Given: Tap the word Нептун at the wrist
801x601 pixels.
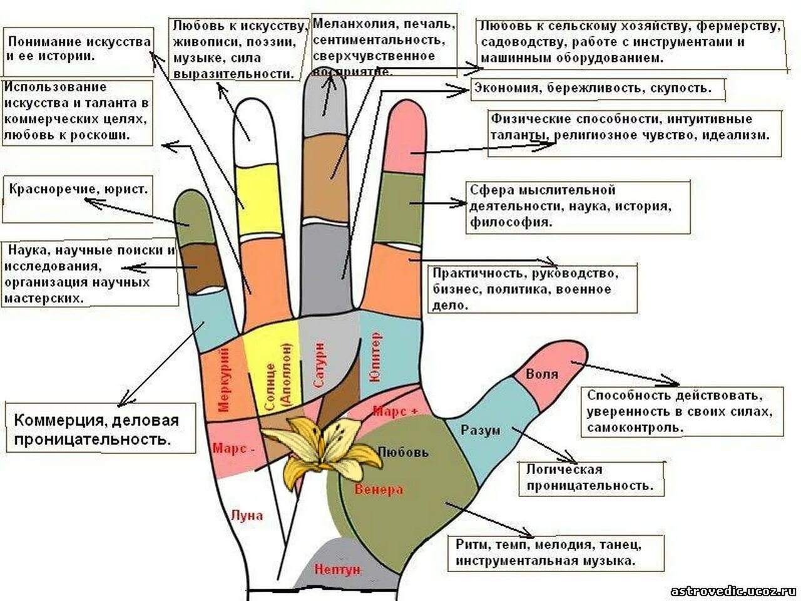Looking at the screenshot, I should tap(338, 570).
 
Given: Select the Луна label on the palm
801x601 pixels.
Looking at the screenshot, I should tap(247, 516).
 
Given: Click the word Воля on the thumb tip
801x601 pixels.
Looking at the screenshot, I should tap(542, 374).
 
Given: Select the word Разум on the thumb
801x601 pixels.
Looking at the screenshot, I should tap(481, 430).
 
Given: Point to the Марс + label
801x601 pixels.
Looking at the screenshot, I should tap(395, 411).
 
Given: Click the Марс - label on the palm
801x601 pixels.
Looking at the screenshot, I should tap(233, 449).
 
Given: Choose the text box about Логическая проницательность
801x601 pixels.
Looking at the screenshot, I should tap(590, 478).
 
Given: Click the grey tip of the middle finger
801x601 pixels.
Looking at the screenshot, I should tap(325, 103).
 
